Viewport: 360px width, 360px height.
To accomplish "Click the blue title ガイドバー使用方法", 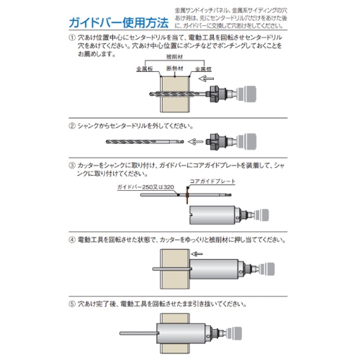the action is point(119,23).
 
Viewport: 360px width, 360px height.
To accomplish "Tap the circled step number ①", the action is point(72,37).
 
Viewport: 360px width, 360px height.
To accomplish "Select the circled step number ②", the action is point(72,126).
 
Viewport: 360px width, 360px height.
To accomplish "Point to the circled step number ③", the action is point(72,166).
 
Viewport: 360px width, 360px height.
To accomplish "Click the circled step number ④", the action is point(72,240).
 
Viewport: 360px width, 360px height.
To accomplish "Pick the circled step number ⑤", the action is point(72,304).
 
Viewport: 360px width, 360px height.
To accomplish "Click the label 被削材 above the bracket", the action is point(174,57).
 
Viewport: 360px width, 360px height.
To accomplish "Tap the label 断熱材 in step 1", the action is point(175,68).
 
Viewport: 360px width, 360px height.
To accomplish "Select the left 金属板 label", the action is point(145,69).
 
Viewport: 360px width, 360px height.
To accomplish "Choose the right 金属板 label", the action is point(203,69).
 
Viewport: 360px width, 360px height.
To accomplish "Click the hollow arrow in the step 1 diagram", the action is point(206,78).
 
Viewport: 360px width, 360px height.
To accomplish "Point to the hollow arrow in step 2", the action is point(195,142).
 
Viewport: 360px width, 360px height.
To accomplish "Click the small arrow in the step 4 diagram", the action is point(197,253).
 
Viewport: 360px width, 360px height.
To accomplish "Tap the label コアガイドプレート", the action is point(212,181).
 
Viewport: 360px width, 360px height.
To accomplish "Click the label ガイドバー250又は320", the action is point(145,187).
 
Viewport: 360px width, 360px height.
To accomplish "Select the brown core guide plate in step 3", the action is point(187,194).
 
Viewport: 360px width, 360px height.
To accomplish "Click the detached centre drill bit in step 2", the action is point(145,142).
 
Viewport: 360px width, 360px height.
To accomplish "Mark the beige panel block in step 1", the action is point(175,94).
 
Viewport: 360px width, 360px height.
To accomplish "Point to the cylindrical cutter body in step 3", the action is point(212,215).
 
